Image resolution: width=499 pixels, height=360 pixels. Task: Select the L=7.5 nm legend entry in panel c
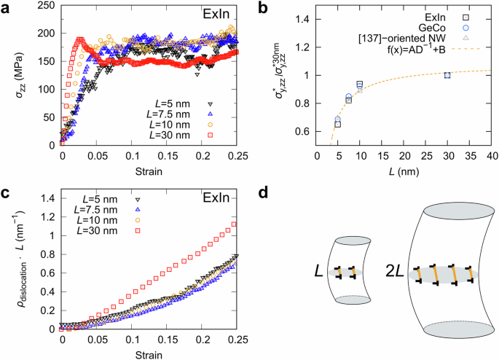tap(106, 211)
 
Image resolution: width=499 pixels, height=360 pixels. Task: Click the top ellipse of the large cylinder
tap(447, 210)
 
